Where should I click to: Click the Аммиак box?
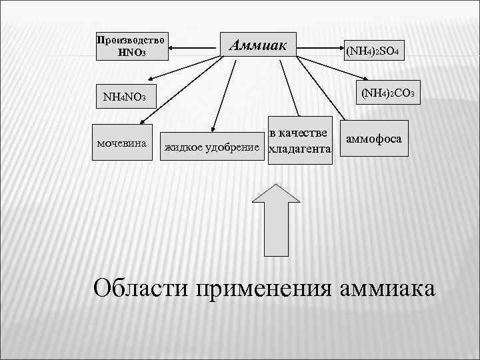coord(259,45)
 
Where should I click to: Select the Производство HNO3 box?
coord(131,45)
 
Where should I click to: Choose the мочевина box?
coord(122,143)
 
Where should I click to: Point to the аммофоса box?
coord(374,139)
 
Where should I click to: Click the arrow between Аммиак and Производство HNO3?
coord(193,46)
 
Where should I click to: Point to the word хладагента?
coord(299,151)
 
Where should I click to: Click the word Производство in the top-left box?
coord(131,39)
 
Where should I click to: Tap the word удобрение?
coord(234,145)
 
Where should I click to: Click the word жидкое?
coord(184,145)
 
